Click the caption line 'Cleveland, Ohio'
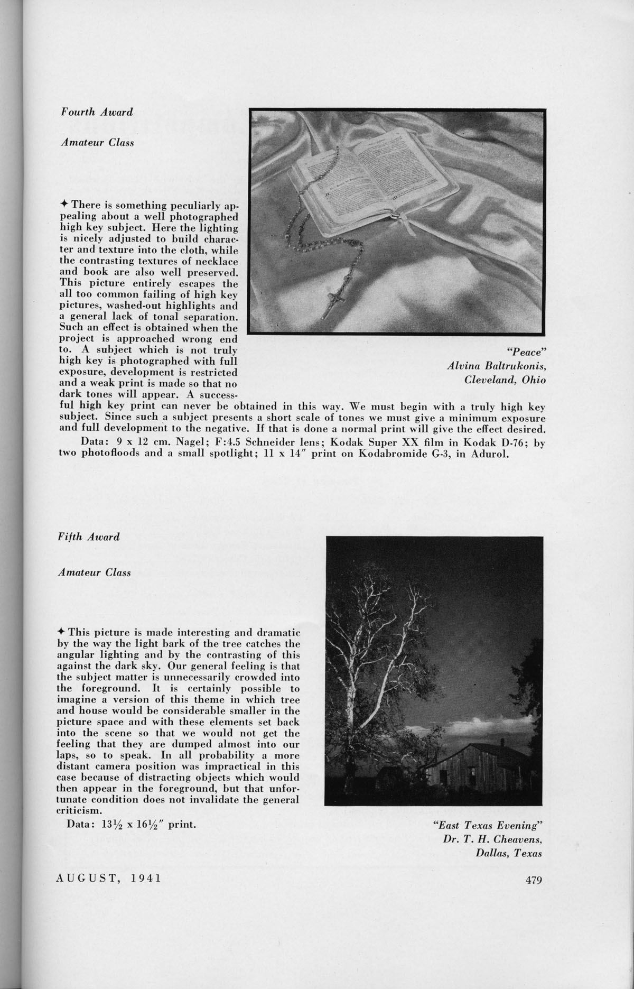(x=505, y=380)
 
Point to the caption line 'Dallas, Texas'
(x=510, y=852)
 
